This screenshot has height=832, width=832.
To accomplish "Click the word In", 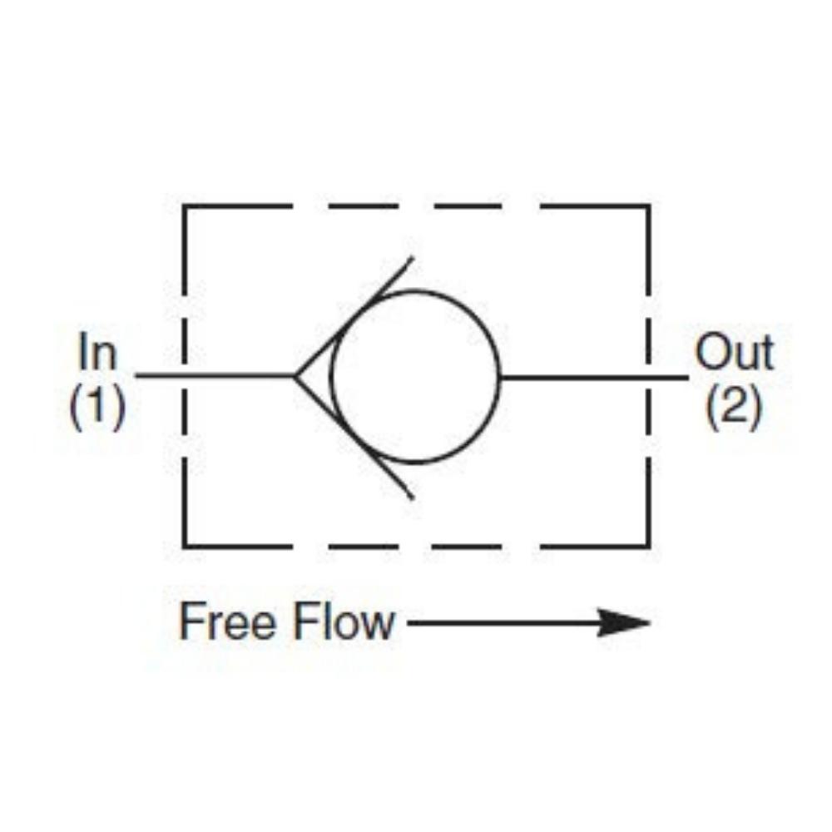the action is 97,350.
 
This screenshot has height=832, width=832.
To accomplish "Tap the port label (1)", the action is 97,407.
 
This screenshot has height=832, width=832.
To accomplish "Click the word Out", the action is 735,351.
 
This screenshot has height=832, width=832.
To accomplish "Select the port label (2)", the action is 735,408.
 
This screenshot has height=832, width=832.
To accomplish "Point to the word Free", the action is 228,622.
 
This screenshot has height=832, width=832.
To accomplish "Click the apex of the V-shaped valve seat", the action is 295,376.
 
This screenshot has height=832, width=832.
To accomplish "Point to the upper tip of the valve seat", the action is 413,258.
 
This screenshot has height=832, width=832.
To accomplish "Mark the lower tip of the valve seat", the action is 413,498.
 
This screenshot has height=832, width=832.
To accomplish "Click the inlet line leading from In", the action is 215,376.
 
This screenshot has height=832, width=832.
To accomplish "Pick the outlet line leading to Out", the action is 594,377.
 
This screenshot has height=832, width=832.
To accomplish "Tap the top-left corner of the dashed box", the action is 184,206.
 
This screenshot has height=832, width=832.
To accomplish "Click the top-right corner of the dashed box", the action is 648,206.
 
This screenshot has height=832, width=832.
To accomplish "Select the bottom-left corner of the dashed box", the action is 184,546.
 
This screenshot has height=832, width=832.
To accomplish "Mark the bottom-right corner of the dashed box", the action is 648,546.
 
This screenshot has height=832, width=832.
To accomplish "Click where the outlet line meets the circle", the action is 500,377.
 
